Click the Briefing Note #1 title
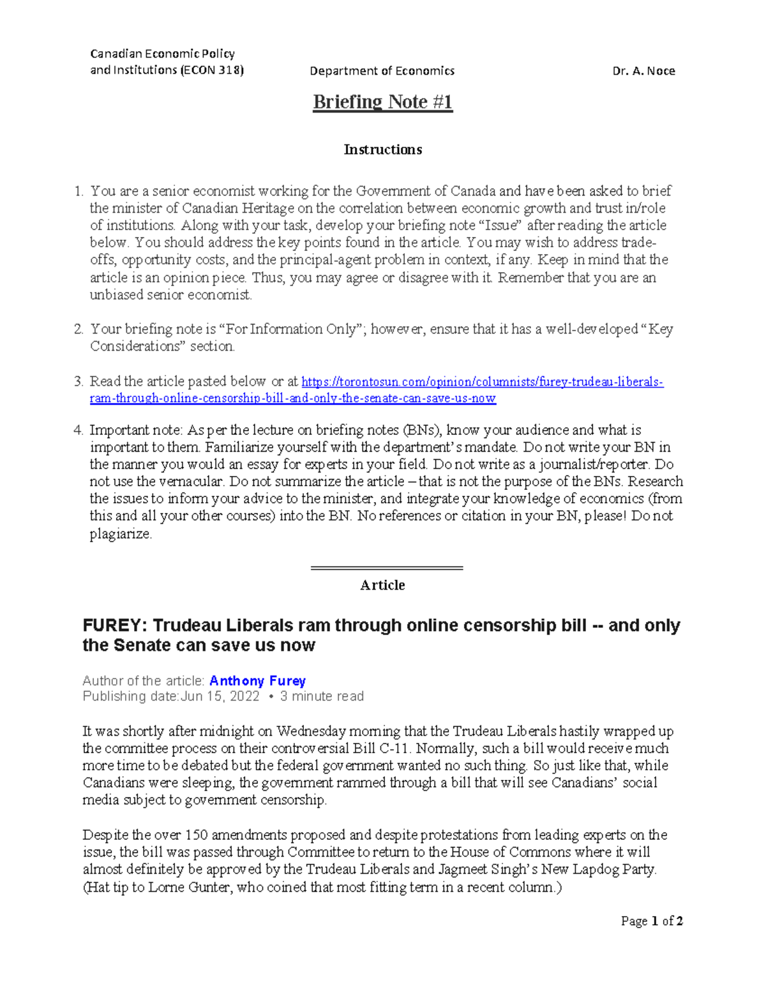[382, 102]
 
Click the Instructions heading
[382, 149]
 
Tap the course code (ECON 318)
[212, 70]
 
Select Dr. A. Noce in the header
[643, 71]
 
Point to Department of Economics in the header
[382, 71]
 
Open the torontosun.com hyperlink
[482, 382]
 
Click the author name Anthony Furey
[257, 681]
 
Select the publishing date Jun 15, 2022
[220, 696]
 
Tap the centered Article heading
[382, 585]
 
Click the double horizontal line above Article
[386, 567]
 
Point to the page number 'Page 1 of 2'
[652, 921]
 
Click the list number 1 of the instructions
[78, 191]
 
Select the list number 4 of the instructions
[78, 430]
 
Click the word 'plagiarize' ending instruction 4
[120, 534]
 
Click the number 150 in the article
[196, 835]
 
